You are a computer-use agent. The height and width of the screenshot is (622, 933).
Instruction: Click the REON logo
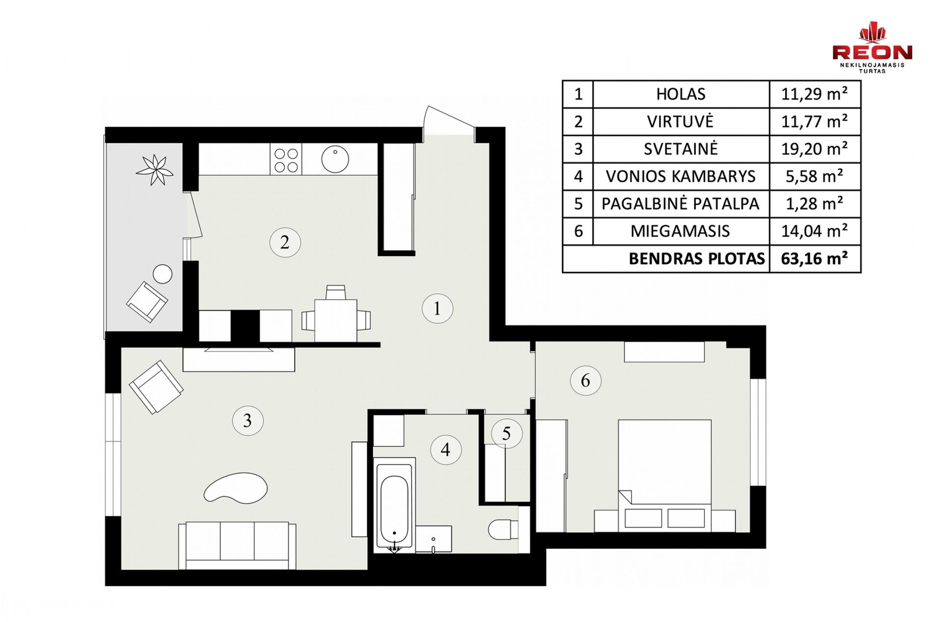coord(872,47)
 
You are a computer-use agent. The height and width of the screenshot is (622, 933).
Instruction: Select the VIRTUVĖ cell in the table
coord(681,122)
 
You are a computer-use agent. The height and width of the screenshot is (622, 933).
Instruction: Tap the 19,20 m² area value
coord(814,149)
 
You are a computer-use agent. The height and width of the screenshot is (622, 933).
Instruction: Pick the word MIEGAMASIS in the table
coord(680,231)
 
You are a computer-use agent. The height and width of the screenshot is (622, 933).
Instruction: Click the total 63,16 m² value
coord(814,258)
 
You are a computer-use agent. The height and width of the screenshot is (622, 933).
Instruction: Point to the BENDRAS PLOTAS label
coord(697,259)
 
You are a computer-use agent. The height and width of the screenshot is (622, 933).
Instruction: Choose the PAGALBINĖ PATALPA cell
coord(681,204)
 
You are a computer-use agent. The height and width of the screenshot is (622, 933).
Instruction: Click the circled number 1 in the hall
coord(437,308)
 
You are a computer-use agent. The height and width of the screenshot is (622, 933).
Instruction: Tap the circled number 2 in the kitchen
coord(285,242)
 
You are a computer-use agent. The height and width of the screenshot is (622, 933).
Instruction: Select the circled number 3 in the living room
coord(247,421)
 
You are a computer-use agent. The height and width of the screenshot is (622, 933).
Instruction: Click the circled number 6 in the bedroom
coord(585,380)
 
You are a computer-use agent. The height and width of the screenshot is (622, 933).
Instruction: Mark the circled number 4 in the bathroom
coord(445,449)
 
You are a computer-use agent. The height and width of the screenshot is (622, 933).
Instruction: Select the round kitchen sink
coord(335,159)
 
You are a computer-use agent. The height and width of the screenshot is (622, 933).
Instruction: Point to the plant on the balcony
coord(155,170)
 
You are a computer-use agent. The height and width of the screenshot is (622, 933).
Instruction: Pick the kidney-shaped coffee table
coord(236,487)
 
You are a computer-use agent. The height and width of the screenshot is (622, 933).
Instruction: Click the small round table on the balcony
coord(163,274)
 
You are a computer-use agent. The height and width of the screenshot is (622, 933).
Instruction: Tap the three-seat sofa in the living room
coord(237,545)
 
